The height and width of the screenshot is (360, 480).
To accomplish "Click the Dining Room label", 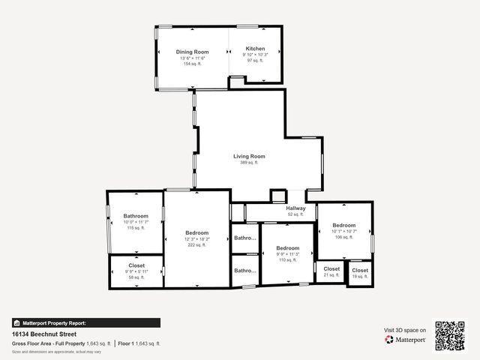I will click(193, 52).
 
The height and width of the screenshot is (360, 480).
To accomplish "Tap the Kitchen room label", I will click(255, 48).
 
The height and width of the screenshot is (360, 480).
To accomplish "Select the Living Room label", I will click(249, 156).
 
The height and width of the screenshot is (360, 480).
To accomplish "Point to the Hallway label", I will click(295, 208).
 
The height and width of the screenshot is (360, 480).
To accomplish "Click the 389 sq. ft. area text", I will click(249, 163).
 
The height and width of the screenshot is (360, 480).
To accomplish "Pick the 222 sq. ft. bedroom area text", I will click(197, 244).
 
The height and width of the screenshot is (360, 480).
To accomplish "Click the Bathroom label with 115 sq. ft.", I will click(136, 216).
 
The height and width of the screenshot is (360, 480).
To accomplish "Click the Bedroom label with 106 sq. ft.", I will click(344, 225).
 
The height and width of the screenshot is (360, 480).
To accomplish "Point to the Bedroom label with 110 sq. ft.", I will click(287, 247).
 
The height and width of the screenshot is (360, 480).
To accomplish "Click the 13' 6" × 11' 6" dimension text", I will click(193, 58).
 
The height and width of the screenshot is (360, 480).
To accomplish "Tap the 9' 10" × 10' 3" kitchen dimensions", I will click(255, 55).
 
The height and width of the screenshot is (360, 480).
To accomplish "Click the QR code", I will click(451, 335).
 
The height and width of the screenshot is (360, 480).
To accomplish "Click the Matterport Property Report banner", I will click(85, 322).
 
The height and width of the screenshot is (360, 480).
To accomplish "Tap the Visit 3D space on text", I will click(405, 330).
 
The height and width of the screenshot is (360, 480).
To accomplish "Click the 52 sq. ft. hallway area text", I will click(295, 214).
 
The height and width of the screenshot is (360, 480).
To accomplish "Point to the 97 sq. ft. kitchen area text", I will click(255, 61).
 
